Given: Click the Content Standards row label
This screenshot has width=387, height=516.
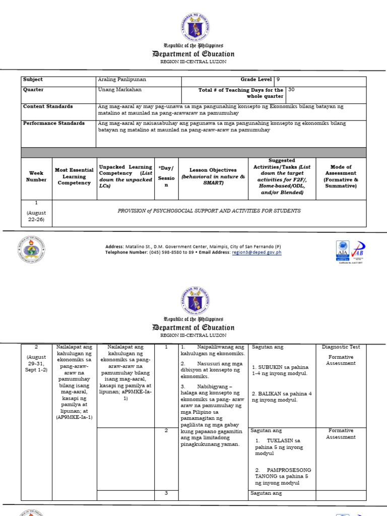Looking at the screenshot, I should (x=48, y=106).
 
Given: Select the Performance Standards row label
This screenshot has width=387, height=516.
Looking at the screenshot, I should (x=53, y=123).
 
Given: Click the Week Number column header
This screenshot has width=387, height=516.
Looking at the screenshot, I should (x=36, y=176).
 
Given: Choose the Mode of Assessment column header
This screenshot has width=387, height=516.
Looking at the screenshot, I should (x=341, y=176).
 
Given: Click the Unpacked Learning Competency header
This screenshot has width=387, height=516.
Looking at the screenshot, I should (x=125, y=176).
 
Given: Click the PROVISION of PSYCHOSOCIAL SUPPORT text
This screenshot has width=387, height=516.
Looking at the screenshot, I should (x=209, y=211).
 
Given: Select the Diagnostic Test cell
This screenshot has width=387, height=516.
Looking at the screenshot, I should (x=341, y=347).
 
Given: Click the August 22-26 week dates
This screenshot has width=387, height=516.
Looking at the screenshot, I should (x=36, y=217).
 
